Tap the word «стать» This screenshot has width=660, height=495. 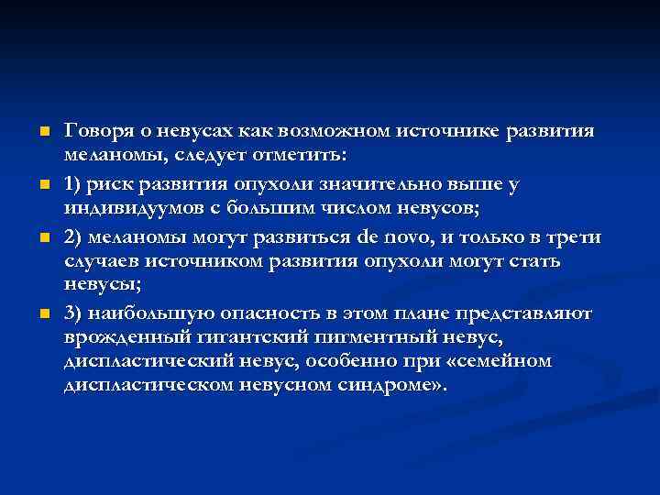(531, 262)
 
